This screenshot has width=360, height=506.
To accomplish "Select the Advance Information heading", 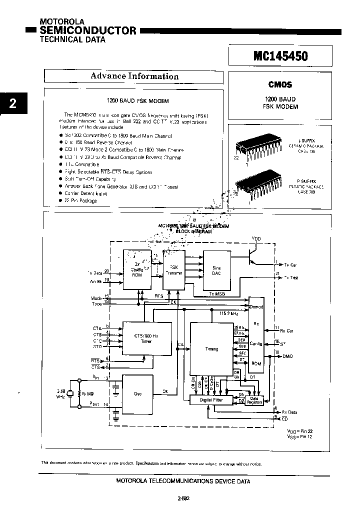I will click(134, 76).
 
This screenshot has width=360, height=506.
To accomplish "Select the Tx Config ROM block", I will click(136, 269).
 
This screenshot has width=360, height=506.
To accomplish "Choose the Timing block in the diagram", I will click(211, 348).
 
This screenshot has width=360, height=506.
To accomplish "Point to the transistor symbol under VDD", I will click(254, 255).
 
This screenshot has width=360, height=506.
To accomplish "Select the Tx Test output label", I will click(290, 277).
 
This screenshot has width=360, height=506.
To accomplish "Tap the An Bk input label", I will click(95, 282).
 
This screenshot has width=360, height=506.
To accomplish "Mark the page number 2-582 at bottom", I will click(183, 498).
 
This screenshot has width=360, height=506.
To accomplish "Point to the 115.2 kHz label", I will click(229, 313).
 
